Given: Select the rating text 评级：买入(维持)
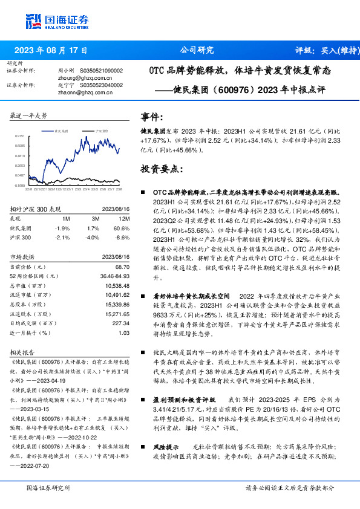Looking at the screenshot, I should (326, 51).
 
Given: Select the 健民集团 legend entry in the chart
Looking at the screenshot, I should (61, 130).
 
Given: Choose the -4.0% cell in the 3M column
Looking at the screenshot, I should (93, 238).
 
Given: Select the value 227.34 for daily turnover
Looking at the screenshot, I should (120, 323).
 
